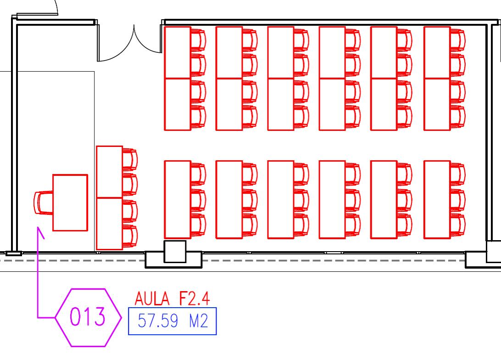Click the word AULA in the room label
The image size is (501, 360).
(x=152, y=299)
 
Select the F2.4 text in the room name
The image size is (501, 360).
(x=194, y=299)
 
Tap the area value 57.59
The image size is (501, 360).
(x=158, y=321)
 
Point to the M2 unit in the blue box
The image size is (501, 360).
(x=198, y=321)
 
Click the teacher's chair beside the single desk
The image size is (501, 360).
(x=43, y=202)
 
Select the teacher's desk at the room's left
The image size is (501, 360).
(x=70, y=202)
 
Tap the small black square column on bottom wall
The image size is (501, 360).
(x=175, y=252)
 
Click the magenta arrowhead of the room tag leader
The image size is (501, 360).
(x=40, y=232)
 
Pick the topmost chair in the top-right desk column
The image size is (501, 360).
(x=457, y=39)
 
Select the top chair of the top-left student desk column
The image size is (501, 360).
(x=198, y=39)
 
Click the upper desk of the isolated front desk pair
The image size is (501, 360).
(x=109, y=172)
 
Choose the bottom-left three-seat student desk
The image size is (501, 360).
(x=178, y=200)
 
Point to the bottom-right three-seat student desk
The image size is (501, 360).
(x=437, y=200)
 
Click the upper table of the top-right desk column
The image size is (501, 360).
(x=437, y=52)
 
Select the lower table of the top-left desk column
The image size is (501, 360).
(x=178, y=104)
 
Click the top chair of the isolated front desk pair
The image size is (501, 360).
(x=130, y=159)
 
